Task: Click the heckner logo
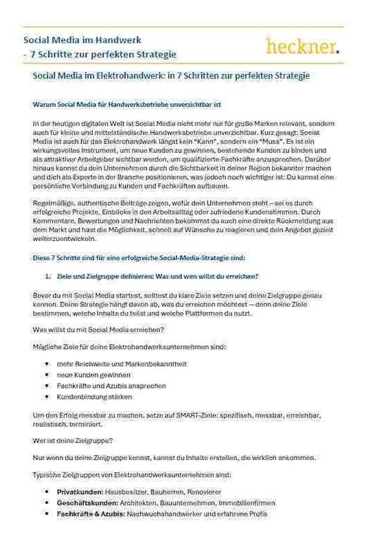pos(303,46)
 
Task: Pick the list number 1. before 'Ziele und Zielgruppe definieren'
pos(48,276)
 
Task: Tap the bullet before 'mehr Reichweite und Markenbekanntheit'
pos(47,363)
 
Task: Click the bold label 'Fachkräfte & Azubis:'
pos(90,513)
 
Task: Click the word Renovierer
pos(203,493)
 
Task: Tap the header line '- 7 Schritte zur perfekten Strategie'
pos(100,54)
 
